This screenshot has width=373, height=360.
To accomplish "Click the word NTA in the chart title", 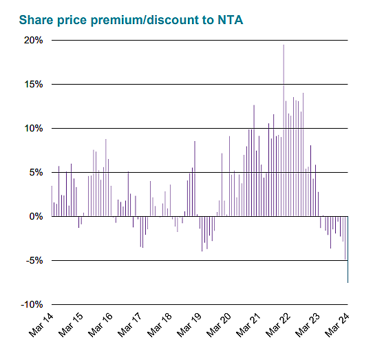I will coord(227,20).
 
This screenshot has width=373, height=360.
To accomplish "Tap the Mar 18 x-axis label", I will coord(158,326).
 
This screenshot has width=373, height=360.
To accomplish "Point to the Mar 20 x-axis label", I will coord(217,326).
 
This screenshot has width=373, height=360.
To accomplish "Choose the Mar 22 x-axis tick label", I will coord(277,326).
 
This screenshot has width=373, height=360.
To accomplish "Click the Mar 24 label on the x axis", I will coord(336,326).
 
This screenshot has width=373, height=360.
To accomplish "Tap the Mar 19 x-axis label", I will coord(188,326).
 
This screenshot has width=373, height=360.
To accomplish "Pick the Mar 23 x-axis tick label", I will coord(306,326).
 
